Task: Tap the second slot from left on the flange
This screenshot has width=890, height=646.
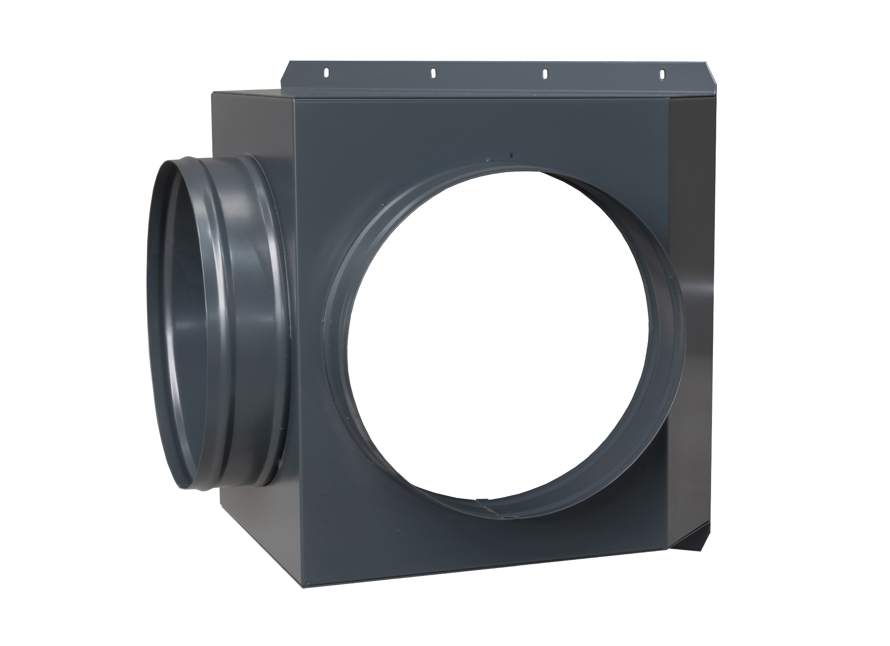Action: pos(433,73)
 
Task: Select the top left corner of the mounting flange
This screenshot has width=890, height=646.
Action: pos(290,62)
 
